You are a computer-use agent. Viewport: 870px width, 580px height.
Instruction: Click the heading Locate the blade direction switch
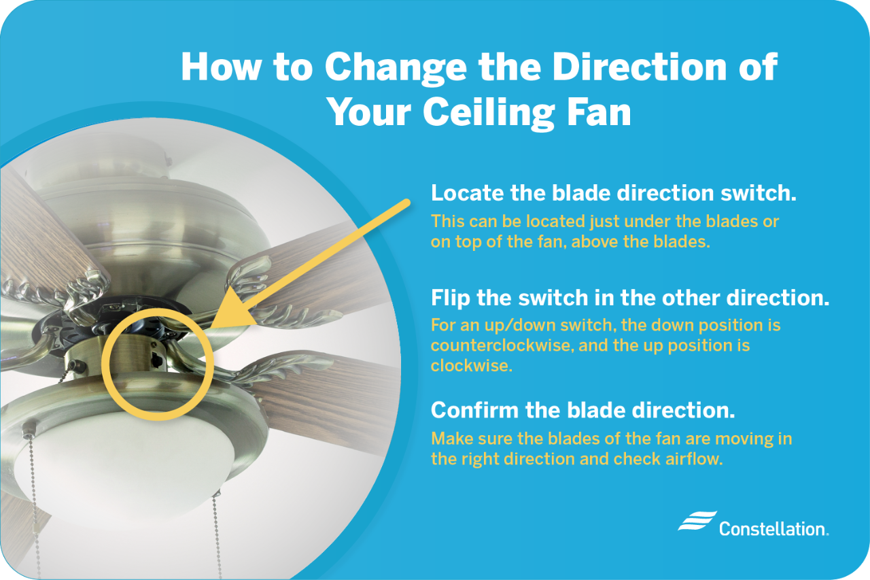(613, 193)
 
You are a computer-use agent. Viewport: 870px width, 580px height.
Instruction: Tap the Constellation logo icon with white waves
(697, 521)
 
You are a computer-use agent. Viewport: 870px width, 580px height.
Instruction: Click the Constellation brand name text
(773, 528)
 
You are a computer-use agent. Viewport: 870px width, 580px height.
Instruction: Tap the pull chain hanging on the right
(217, 530)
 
